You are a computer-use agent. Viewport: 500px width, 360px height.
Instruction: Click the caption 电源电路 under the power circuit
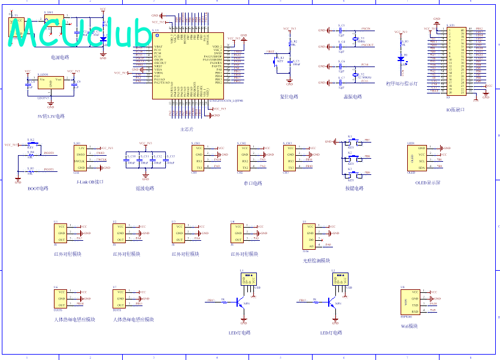(60, 58)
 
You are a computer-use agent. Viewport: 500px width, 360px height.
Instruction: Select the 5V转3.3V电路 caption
(50, 116)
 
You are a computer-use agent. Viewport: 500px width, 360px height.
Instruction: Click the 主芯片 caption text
(187, 129)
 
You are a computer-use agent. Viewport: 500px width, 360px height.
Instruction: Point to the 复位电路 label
(289, 96)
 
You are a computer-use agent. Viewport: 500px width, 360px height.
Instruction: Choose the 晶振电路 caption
(353, 96)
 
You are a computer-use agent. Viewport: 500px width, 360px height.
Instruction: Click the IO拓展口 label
(455, 110)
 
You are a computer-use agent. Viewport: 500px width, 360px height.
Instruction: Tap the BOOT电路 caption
(38, 188)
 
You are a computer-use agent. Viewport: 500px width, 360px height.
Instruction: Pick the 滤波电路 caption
(145, 188)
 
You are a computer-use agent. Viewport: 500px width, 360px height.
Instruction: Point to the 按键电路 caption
(354, 189)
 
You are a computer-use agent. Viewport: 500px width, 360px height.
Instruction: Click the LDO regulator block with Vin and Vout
(50, 83)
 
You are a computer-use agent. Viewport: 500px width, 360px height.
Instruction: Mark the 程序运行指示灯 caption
(402, 83)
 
